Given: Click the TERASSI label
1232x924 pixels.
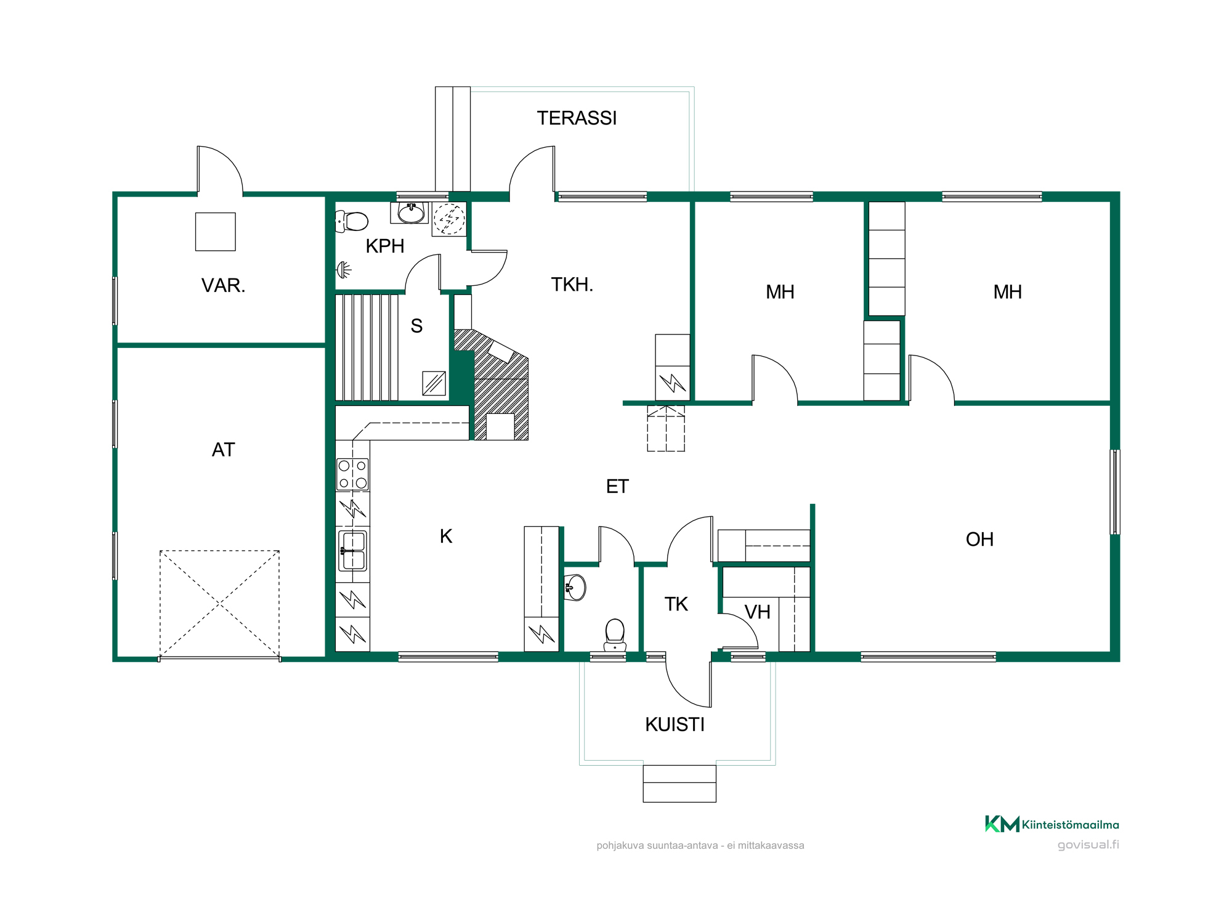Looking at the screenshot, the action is click(577, 118).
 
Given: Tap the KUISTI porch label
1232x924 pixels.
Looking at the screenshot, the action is click(675, 724).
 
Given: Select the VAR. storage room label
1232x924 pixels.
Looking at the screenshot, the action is click(223, 285).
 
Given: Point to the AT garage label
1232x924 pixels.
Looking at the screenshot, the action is click(223, 450).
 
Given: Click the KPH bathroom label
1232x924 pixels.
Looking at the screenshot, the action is click(385, 246).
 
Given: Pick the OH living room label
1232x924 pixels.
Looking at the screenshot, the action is click(979, 540).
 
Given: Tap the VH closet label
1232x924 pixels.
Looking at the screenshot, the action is click(757, 612).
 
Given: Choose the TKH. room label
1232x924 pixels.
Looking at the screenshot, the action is click(572, 285).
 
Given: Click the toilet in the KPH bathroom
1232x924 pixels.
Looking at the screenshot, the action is click(352, 221).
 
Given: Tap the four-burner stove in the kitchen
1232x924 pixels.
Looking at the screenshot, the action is click(352, 474).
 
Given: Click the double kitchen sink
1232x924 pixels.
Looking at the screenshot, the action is click(353, 551).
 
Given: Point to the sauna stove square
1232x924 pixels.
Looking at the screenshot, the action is click(434, 383).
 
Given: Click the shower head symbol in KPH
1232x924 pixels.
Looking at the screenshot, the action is click(344, 269).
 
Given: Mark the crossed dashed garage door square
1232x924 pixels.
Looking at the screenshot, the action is click(219, 604).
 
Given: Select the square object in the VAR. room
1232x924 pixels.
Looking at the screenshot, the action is click(216, 232).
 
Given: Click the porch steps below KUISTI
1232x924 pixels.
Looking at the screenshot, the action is click(679, 784).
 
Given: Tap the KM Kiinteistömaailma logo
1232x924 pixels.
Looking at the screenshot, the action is click(1052, 824).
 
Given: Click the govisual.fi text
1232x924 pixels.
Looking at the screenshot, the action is click(1088, 845).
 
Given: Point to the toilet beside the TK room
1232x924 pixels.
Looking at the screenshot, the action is click(615, 635).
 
